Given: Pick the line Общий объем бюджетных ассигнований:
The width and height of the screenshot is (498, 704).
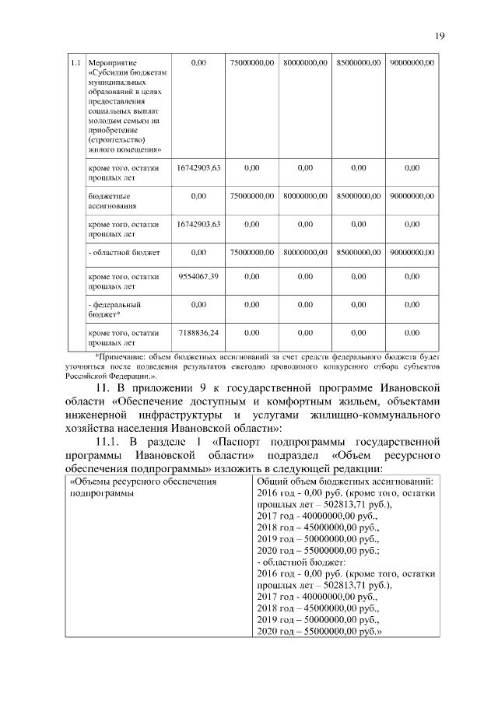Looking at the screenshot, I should coord(345,482).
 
